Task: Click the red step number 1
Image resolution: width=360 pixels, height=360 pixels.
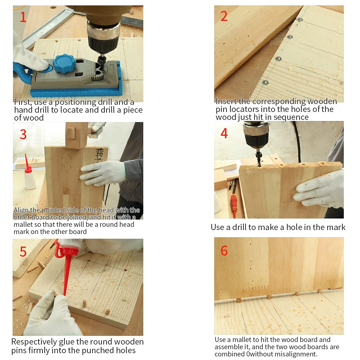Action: (x=23, y=17)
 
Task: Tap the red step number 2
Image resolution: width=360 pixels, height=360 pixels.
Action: (x=224, y=16)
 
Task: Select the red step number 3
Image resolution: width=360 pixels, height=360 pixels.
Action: (x=23, y=134)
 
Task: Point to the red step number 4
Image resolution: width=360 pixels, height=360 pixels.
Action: (x=224, y=133)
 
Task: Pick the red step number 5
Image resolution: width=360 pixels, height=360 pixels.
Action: (x=23, y=252)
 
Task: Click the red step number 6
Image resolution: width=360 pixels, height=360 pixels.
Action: (x=224, y=251)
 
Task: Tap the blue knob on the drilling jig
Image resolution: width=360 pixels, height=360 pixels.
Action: (x=64, y=63)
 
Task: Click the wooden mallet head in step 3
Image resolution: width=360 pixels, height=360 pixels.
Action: (x=76, y=135)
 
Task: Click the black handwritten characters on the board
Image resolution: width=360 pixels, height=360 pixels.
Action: (x=100, y=155)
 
